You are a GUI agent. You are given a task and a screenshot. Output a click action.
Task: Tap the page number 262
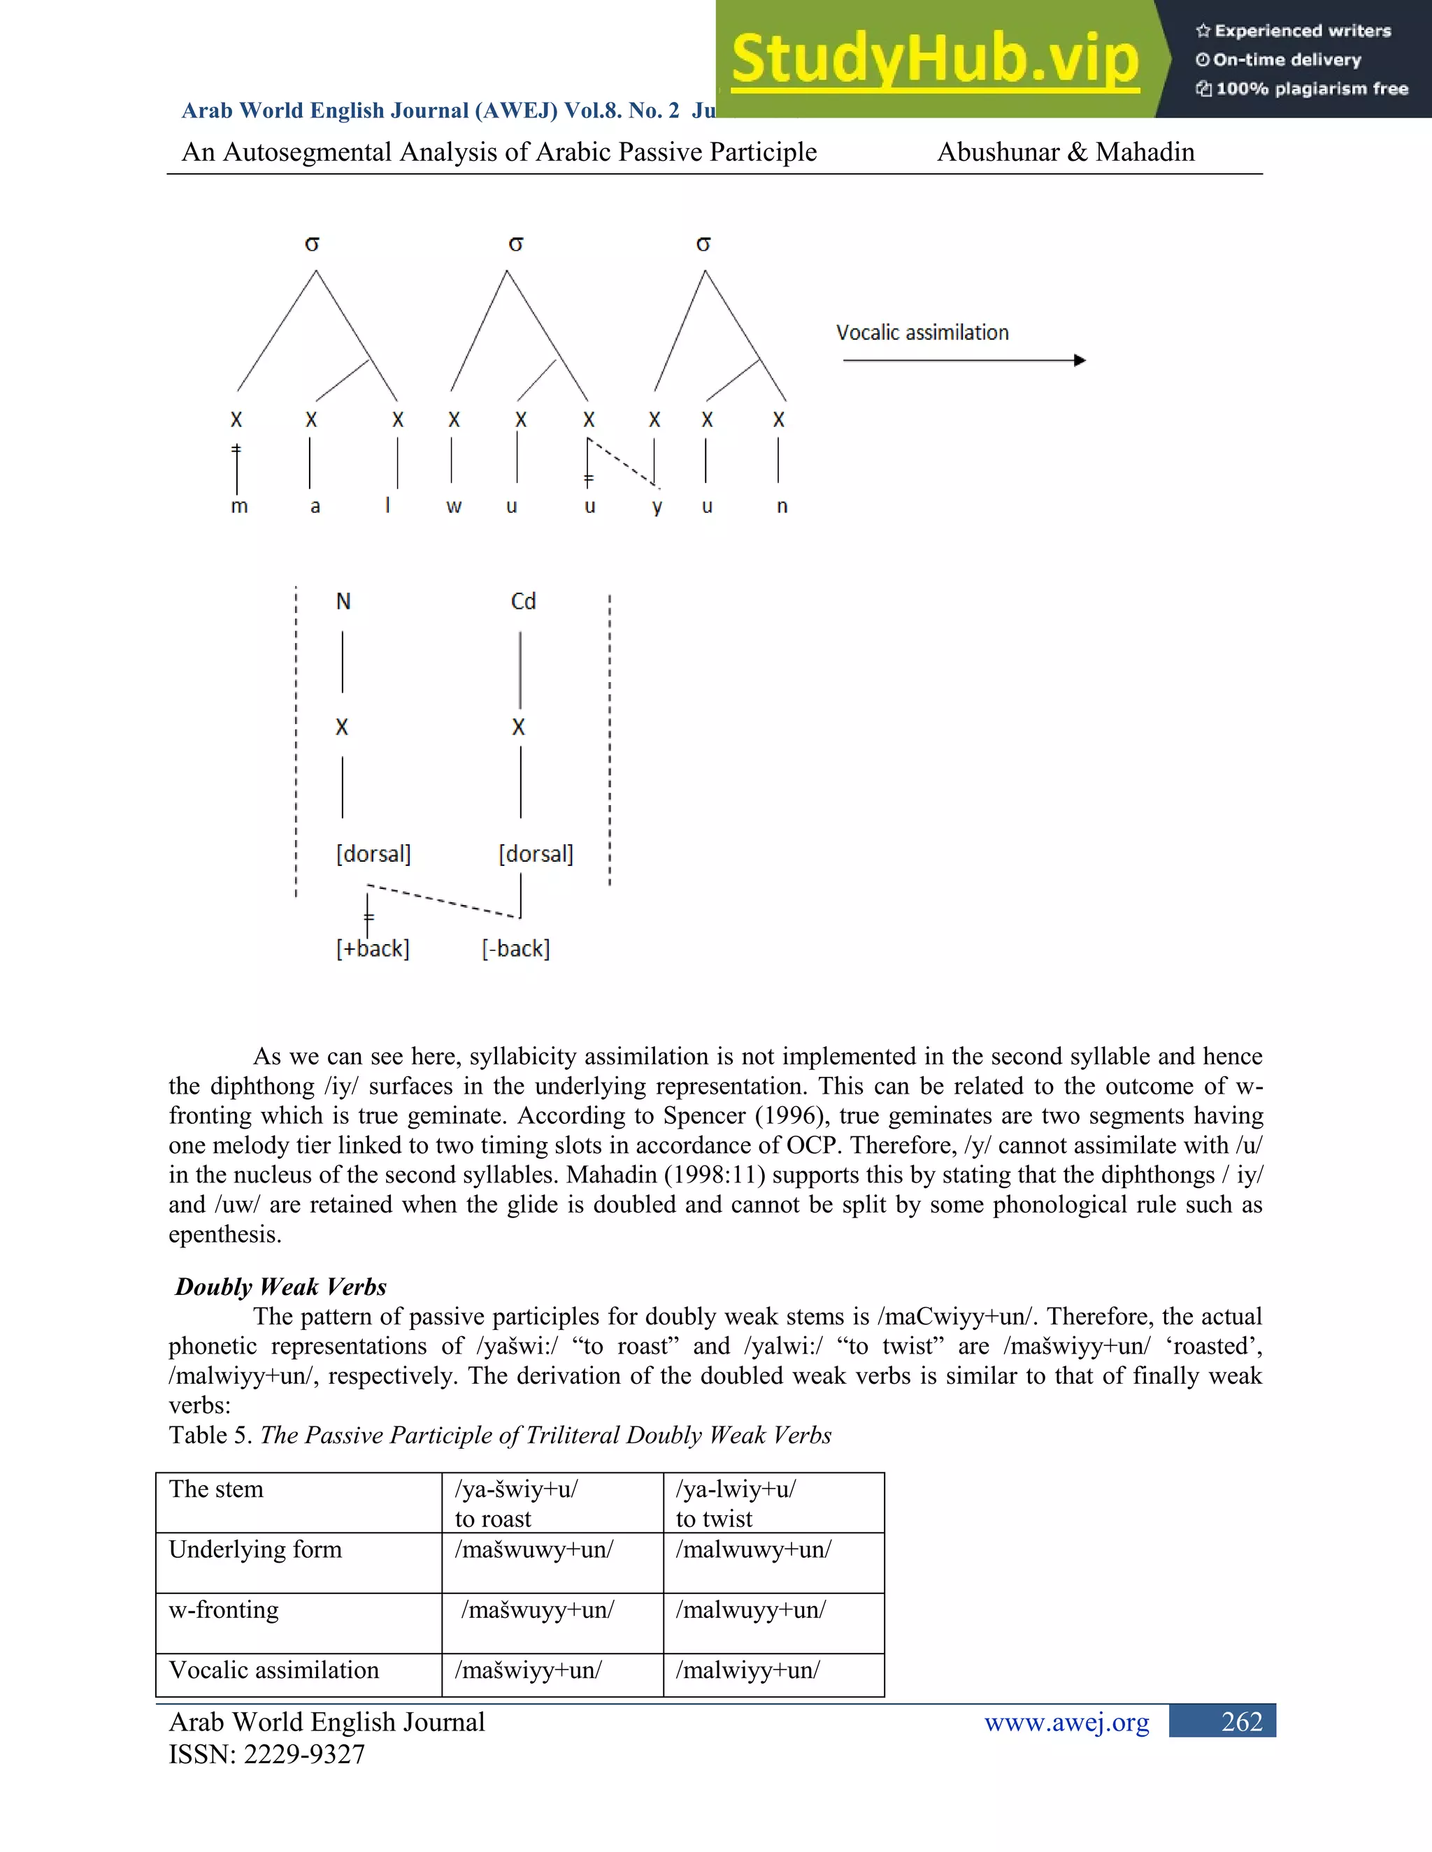(x=1241, y=1721)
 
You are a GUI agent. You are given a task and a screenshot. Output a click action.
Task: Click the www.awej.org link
(x=1066, y=1721)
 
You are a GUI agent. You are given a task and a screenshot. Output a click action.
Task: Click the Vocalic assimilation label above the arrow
(x=922, y=333)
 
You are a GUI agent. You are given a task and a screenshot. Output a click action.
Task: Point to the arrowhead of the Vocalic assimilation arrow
(x=1080, y=361)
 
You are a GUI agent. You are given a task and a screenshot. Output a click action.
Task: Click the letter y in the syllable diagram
(x=657, y=507)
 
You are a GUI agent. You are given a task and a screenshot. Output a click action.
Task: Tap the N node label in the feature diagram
(x=343, y=601)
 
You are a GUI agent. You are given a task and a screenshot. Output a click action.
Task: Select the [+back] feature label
(x=373, y=948)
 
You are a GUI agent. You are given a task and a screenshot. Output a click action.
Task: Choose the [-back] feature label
(x=516, y=948)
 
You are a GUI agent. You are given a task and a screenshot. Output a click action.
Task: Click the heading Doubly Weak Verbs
(x=281, y=1287)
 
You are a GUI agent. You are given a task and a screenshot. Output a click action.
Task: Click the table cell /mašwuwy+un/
(x=534, y=1549)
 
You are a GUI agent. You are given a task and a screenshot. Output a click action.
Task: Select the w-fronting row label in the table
(x=224, y=1609)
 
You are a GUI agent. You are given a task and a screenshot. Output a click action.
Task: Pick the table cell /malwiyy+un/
(x=747, y=1670)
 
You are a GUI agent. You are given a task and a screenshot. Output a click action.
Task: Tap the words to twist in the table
(x=713, y=1519)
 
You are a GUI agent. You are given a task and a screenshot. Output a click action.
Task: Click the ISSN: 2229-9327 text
(x=266, y=1753)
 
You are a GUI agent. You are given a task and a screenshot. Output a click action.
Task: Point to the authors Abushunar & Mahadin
(x=1066, y=152)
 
